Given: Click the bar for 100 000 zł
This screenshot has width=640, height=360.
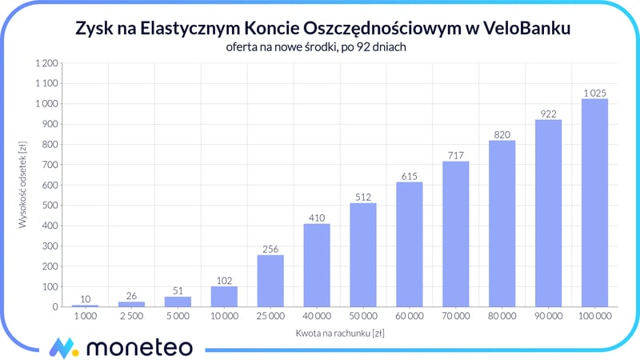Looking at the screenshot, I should click(x=594, y=203).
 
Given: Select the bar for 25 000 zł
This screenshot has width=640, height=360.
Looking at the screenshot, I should click(x=270, y=281).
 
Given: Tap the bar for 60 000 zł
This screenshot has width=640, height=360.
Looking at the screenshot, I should click(x=409, y=245).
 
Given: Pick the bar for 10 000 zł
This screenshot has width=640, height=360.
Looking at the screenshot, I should click(x=224, y=297).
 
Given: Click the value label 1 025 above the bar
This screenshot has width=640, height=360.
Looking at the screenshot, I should click(x=594, y=93).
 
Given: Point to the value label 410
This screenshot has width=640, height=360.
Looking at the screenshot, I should click(x=317, y=218).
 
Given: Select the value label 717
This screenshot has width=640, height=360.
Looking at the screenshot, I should click(x=455, y=155).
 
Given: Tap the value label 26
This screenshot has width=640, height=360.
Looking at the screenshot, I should click(x=131, y=296).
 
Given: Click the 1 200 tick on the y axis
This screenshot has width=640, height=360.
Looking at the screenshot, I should click(x=46, y=63).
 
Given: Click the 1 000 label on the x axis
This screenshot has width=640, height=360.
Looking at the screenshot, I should click(x=85, y=317).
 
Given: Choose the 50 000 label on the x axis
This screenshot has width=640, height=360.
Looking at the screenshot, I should click(x=362, y=317).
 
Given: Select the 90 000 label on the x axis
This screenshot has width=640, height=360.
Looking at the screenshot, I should click(x=548, y=317).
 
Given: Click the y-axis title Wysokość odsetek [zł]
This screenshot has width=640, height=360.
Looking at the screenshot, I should click(x=23, y=184).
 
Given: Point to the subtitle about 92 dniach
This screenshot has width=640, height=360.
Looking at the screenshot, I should click(x=320, y=46).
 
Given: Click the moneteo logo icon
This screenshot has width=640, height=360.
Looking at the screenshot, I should click(x=62, y=347).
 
